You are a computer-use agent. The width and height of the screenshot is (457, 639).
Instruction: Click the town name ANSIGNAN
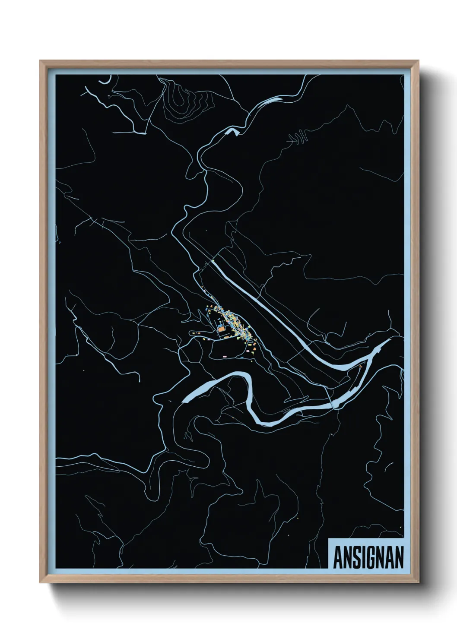point(368,557)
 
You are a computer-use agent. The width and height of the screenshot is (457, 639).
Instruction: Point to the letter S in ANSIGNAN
point(357,557)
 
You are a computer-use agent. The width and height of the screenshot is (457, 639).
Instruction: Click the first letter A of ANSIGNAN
point(339,557)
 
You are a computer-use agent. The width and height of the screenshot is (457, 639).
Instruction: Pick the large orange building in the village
point(222,329)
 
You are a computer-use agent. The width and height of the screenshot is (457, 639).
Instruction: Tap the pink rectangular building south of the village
point(225,356)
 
